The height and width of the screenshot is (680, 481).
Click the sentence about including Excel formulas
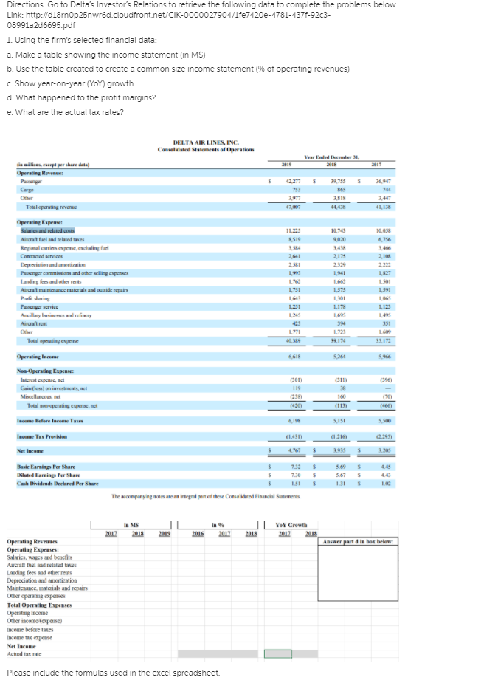[x=113, y=672]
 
